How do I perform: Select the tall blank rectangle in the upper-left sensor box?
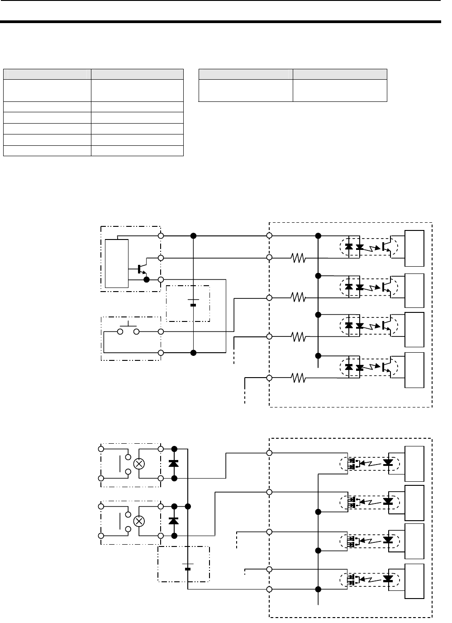117,263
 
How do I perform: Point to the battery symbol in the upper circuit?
193,302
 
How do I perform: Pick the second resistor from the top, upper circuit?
299,297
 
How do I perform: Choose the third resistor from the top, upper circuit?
299,336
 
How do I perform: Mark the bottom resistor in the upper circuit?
299,378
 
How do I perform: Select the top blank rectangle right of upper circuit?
414,248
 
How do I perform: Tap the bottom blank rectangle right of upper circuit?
414,370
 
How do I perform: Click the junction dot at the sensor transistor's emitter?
146,280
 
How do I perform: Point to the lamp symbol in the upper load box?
140,464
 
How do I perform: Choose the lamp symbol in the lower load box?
140,521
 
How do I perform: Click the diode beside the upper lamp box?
173,463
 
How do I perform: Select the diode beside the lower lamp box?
173,521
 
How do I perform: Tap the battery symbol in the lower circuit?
188,565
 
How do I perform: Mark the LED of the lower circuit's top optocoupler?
388,463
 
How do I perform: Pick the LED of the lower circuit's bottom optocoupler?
388,579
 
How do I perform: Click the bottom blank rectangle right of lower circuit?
414,582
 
